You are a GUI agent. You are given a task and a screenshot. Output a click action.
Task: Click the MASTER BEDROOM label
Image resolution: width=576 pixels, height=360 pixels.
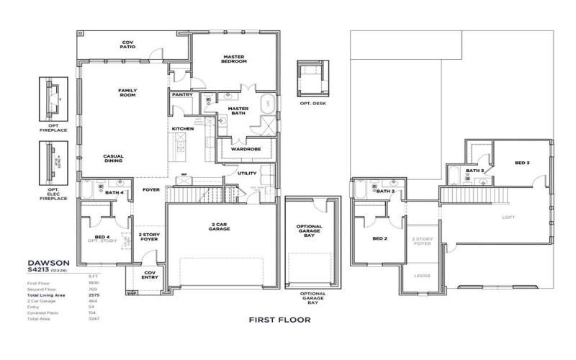tap(235, 59)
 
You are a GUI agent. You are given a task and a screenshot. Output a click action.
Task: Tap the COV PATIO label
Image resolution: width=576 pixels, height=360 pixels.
tap(127, 45)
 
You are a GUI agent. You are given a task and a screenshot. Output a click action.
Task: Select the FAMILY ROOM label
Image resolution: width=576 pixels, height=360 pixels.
tap(127, 93)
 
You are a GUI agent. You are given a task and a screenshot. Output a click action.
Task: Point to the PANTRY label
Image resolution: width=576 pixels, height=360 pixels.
tap(181, 94)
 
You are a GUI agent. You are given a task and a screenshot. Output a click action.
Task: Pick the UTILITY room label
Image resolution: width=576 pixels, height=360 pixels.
tap(247, 174)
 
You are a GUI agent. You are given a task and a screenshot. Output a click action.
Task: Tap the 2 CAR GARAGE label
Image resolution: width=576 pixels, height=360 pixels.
tap(220, 227)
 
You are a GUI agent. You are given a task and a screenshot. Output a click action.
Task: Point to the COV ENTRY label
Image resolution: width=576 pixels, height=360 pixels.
tap(150, 275)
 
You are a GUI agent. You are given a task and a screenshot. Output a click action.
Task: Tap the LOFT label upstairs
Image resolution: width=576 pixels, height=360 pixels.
tap(509, 216)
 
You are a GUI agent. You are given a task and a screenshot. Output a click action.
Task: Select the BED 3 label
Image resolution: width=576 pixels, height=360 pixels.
tap(522, 163)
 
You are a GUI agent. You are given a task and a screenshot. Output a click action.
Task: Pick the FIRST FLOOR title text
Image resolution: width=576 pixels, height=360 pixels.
tap(279, 319)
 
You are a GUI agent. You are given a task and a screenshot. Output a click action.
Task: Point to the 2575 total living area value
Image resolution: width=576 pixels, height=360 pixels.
tap(93, 296)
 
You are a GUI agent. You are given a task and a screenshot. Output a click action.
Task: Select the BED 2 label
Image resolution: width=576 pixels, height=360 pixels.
tap(380, 238)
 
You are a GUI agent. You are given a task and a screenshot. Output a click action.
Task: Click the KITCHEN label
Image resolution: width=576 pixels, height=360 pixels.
tap(182, 129)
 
